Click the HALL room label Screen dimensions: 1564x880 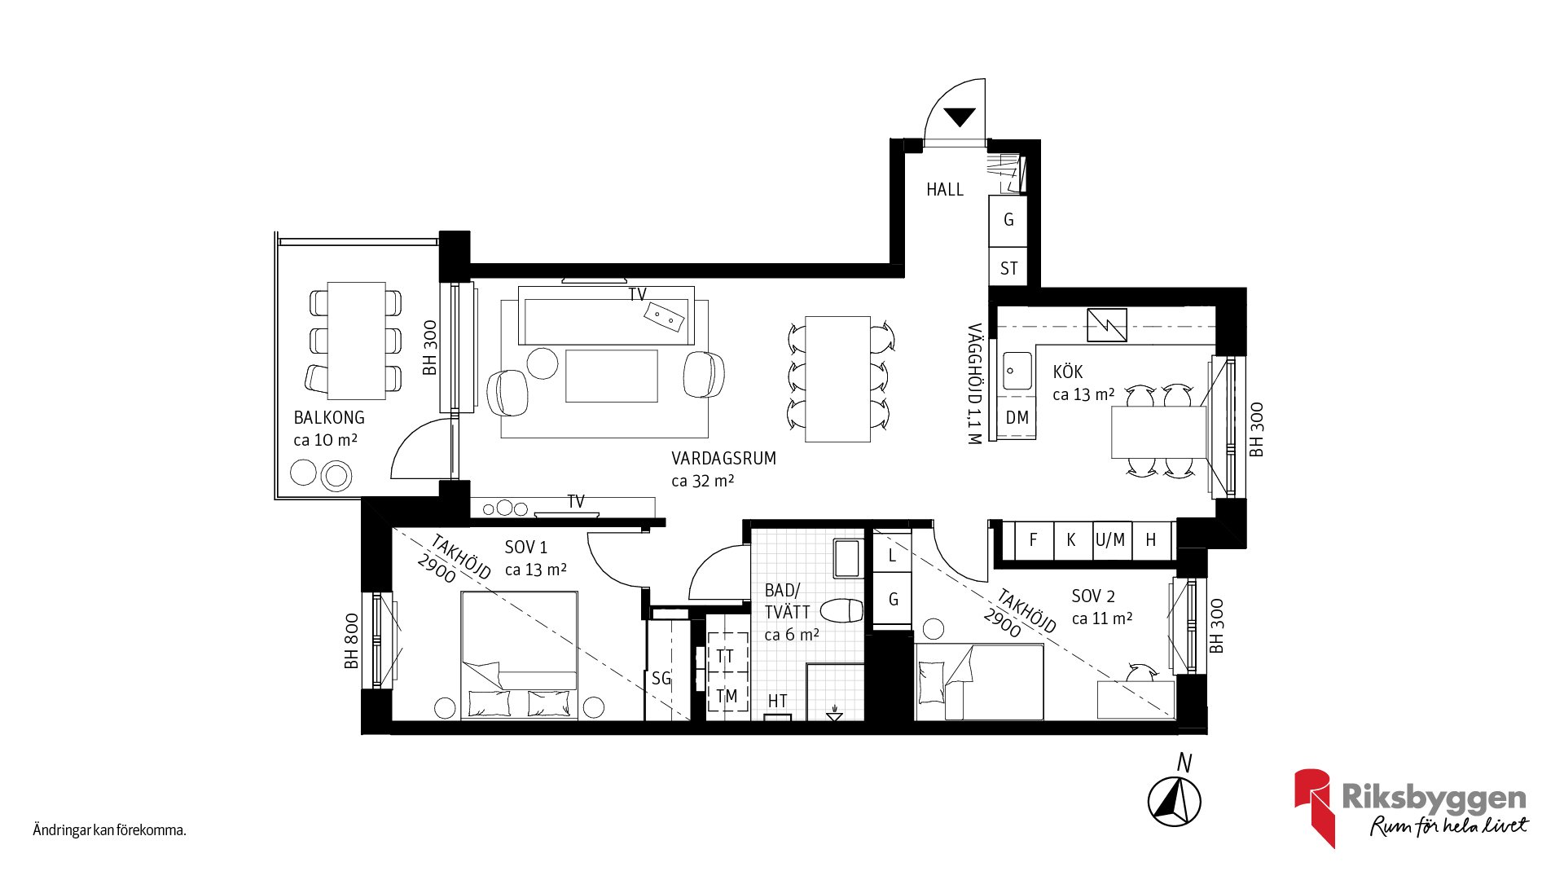click(x=945, y=190)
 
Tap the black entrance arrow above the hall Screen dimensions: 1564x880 click(x=960, y=117)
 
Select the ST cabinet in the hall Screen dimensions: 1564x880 click(x=1008, y=268)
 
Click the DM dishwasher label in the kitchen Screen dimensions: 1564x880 click(x=1017, y=418)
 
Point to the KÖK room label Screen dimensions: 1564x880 click(x=1068, y=372)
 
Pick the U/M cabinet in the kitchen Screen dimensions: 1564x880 click(x=1111, y=539)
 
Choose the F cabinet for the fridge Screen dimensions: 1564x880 click(x=1034, y=539)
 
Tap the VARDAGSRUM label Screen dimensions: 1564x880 click(x=723, y=458)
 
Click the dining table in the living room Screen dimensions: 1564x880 click(x=838, y=379)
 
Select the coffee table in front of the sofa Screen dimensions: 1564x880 click(x=612, y=376)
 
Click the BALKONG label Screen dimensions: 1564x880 click(x=329, y=417)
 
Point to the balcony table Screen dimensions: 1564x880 click(x=357, y=341)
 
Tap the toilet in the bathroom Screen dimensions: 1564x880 click(x=841, y=610)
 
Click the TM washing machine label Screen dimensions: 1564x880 click(x=727, y=696)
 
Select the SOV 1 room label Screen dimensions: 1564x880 click(x=526, y=547)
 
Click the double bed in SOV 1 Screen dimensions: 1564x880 click(x=520, y=655)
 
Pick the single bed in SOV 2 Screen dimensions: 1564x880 click(x=980, y=682)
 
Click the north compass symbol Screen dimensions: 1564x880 click(x=1175, y=801)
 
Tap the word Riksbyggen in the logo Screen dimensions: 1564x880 click(x=1434, y=798)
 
